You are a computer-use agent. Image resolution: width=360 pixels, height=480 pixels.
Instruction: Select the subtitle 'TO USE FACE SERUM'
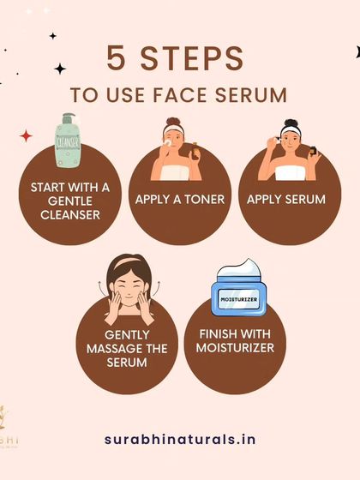click(180, 93)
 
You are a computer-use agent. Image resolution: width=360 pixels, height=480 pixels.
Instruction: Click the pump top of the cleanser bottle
click(69, 118)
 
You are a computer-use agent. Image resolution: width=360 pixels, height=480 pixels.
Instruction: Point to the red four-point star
click(26, 135)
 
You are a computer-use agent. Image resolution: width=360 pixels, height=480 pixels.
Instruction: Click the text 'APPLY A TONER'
click(179, 200)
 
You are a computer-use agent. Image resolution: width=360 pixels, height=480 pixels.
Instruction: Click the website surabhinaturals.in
click(179, 438)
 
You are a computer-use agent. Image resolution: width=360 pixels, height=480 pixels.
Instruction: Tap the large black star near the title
click(60, 69)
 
